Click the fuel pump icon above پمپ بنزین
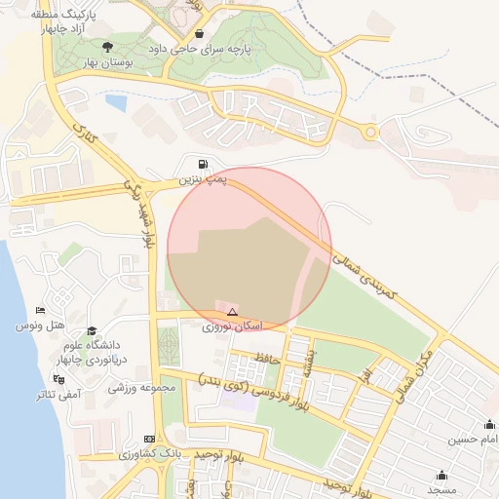pyautogui.click(x=203, y=165)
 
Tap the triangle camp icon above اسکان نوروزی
pyautogui.click(x=232, y=312)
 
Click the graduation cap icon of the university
pyautogui.click(x=92, y=331)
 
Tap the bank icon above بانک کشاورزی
pyautogui.click(x=148, y=440)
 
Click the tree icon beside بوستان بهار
pyautogui.click(x=107, y=45)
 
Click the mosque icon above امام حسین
pyautogui.click(x=489, y=425)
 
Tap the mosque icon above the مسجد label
pyautogui.click(x=442, y=476)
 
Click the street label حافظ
pyautogui.click(x=267, y=360)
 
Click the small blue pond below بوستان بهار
pyautogui.click(x=116, y=101)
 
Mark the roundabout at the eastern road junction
pyautogui.click(x=371, y=133)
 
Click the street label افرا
pyautogui.click(x=363, y=374)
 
